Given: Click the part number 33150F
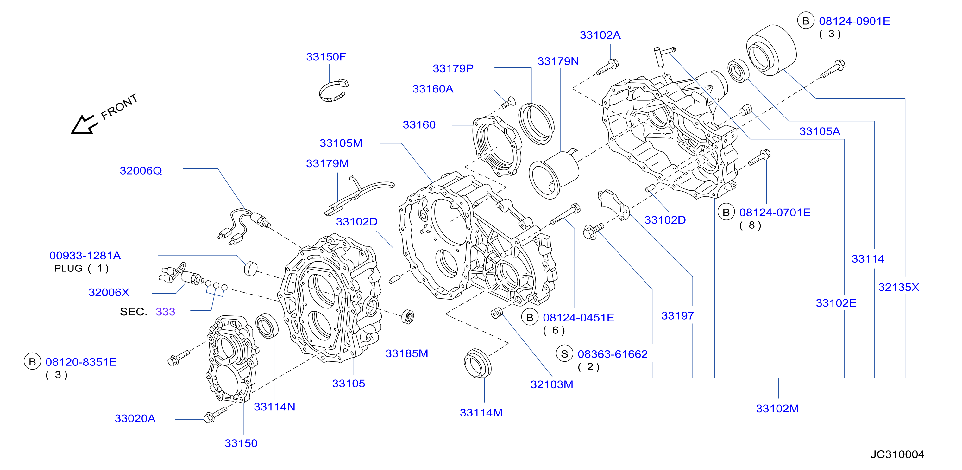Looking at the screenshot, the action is [326, 57].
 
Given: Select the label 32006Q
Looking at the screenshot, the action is [141, 171].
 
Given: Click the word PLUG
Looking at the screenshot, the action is [68, 268].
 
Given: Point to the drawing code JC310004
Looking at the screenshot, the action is [897, 454].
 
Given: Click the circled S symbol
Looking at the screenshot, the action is [564, 354].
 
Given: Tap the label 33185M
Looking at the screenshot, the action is [407, 353].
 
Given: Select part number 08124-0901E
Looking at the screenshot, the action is [854, 21].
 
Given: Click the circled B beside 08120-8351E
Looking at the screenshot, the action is [33, 362].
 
